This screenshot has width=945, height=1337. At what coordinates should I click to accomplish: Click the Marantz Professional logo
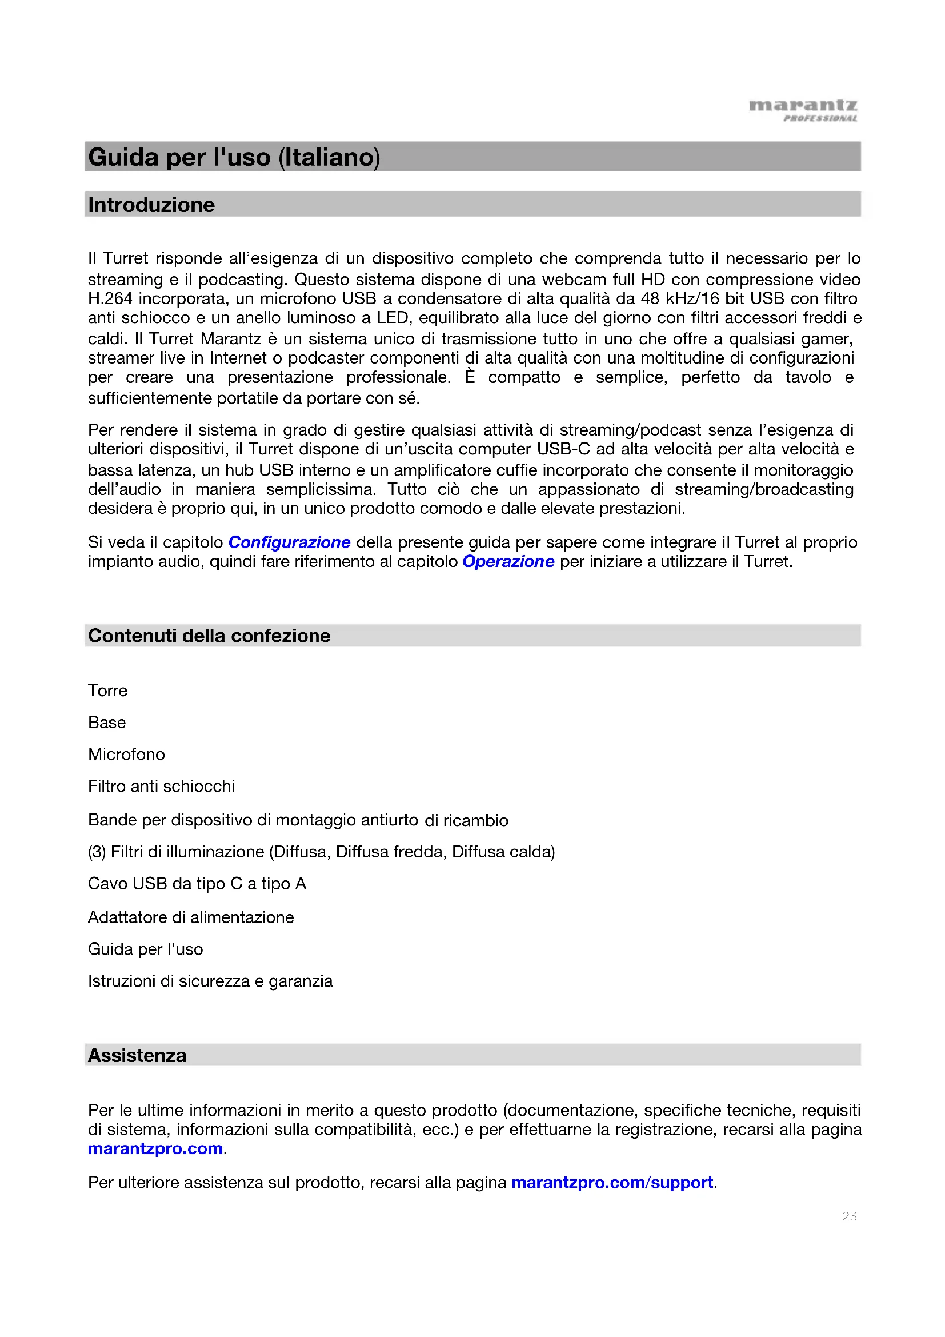coord(803,110)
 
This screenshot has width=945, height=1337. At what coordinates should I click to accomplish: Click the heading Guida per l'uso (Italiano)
coord(234,157)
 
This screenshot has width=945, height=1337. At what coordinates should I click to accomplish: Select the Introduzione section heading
coord(151,205)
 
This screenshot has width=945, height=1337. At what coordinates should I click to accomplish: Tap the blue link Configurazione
coord(289,542)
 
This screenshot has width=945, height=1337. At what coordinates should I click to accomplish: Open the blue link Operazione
coord(508,561)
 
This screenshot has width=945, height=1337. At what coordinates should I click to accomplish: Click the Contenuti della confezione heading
coord(209,636)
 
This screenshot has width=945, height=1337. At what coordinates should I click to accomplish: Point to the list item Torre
coord(107,691)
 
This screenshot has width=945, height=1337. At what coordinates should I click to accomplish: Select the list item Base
coord(107,723)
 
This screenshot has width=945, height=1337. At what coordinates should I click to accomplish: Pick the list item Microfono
coord(126,755)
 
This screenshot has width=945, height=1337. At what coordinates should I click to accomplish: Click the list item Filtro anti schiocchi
coord(161,787)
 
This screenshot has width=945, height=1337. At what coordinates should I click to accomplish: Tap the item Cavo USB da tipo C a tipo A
coord(197,884)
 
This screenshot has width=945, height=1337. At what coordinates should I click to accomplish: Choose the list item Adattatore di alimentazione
coord(191,918)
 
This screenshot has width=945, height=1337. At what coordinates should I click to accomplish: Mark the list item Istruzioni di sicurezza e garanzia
coord(210,981)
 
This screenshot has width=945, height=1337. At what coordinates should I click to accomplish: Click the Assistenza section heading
coord(137,1056)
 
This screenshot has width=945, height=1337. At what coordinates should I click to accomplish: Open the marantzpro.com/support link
coord(612,1183)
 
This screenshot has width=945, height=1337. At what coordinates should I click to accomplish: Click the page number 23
coord(849,1216)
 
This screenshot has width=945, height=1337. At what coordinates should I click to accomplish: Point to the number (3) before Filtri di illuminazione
coord(97,852)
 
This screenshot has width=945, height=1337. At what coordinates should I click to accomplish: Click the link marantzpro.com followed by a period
coord(155,1148)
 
